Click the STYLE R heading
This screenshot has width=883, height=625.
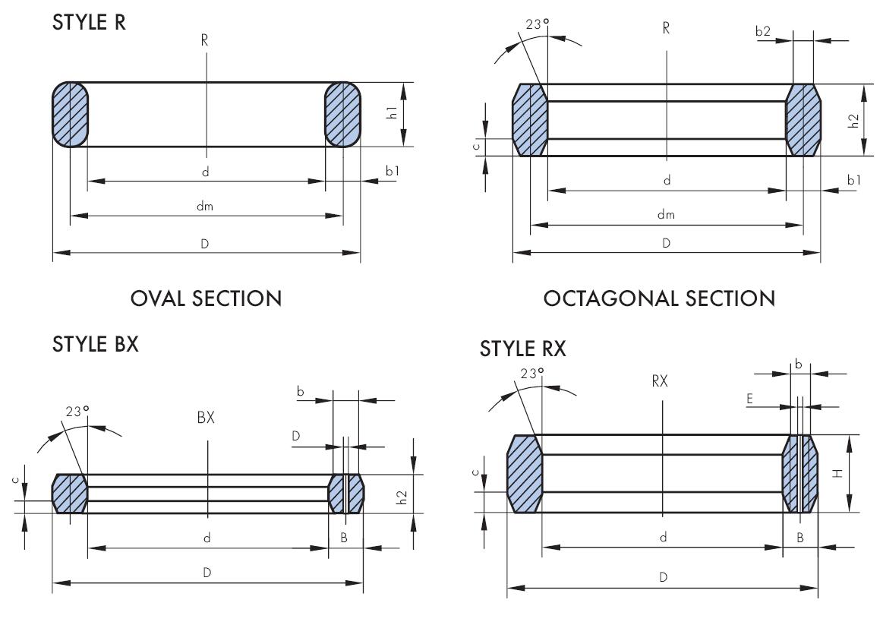(89, 23)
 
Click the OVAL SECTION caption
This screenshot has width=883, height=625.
(206, 298)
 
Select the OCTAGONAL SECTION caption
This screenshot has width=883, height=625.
(659, 298)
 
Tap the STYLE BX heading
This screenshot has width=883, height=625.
(95, 344)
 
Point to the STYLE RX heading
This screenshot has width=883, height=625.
(522, 349)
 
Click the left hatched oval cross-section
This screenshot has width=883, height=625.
(70, 115)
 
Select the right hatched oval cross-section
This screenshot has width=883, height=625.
(342, 115)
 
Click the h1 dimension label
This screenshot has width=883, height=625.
(393, 114)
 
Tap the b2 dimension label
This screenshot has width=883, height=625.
(762, 32)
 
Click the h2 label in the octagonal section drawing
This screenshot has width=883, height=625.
(854, 120)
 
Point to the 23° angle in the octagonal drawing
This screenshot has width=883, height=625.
(537, 24)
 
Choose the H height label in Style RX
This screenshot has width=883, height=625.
(837, 473)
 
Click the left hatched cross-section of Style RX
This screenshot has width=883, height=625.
(525, 474)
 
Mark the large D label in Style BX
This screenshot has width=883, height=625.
(206, 573)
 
